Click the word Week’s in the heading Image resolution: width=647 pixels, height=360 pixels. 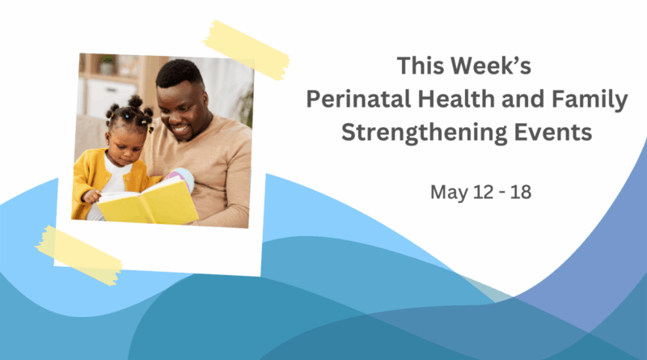pyautogui.click(x=491, y=66)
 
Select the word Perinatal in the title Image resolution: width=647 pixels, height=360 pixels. pyautogui.click(x=358, y=100)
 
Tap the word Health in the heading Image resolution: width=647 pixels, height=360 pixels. pyautogui.click(x=456, y=99)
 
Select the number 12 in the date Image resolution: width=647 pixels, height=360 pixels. pyautogui.click(x=483, y=192)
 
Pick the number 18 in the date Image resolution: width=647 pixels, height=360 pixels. pyautogui.click(x=521, y=192)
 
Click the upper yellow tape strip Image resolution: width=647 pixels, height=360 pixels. pyautogui.click(x=247, y=50)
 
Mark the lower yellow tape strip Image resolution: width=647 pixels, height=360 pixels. pyautogui.click(x=78, y=255)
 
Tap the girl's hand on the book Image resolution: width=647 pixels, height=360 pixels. pyautogui.click(x=91, y=196)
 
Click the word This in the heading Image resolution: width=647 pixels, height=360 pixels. pyautogui.click(x=421, y=66)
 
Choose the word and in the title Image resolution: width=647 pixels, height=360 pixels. pyautogui.click(x=523, y=99)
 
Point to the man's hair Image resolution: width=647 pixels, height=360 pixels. pyautogui.click(x=179, y=73)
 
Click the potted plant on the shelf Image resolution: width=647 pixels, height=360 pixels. pyautogui.click(x=108, y=65)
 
